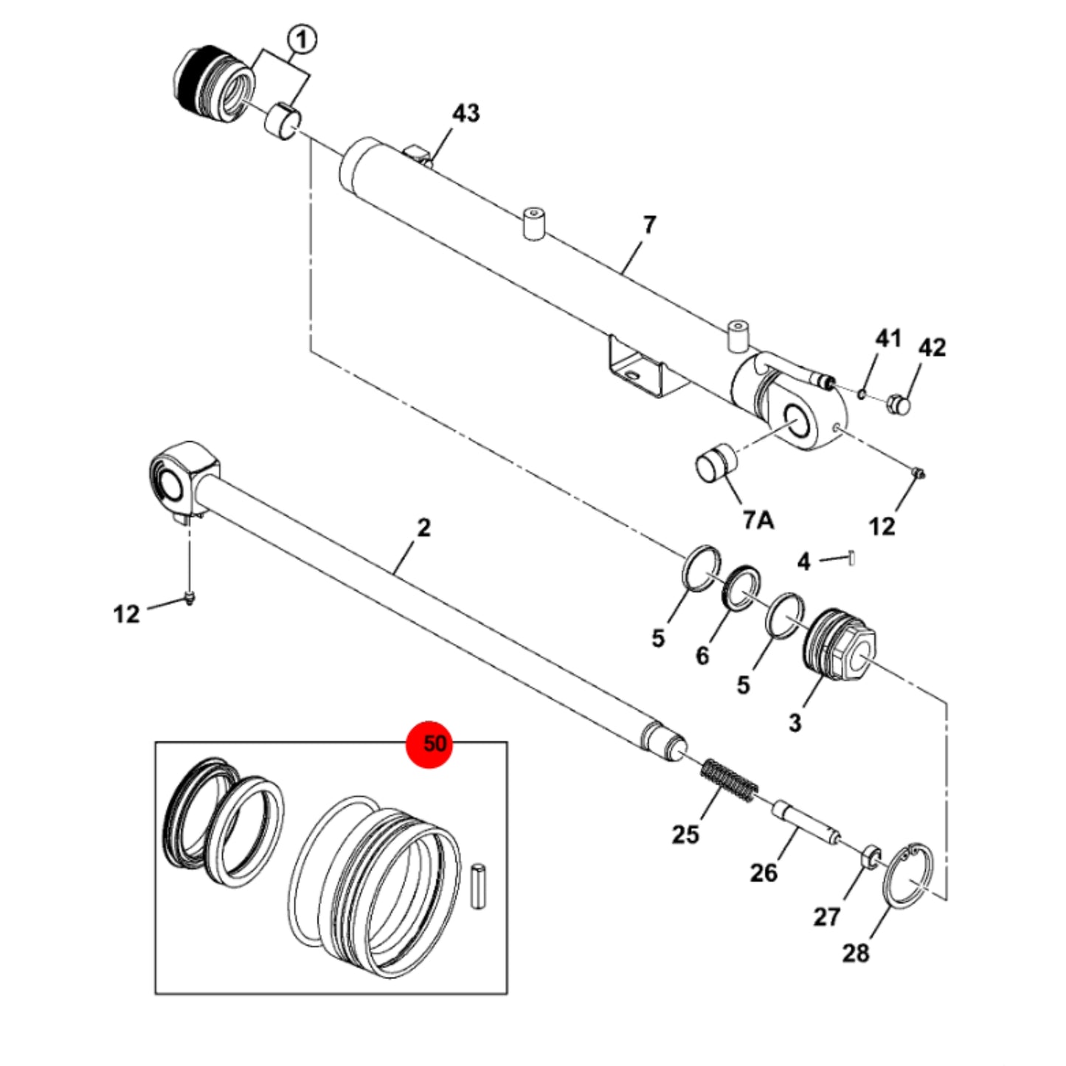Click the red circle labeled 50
click(430, 744)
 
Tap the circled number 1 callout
click(302, 41)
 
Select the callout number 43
click(465, 114)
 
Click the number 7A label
click(759, 520)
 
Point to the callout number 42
click(932, 347)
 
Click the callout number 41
click(888, 338)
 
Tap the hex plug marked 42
click(899, 406)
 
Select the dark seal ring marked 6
click(741, 586)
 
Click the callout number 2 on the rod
click(423, 527)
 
